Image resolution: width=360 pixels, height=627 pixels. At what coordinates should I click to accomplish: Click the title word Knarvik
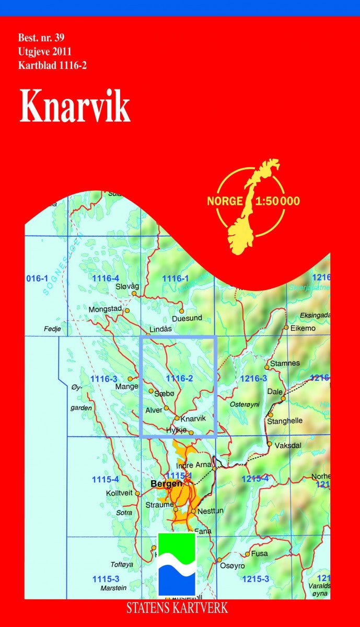point(75,106)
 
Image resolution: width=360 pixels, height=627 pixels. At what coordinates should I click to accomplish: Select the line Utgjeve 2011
point(44,52)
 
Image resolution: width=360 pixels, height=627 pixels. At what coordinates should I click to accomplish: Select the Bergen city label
point(166,484)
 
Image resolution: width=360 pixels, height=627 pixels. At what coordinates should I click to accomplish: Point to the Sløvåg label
point(127,286)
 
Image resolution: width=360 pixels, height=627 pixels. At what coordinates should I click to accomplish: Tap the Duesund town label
point(187,318)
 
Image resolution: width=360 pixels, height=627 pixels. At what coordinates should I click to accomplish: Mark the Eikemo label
point(303,328)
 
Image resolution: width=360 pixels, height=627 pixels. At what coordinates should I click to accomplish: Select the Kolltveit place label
point(120,493)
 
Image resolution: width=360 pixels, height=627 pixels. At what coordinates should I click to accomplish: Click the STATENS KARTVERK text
point(177,608)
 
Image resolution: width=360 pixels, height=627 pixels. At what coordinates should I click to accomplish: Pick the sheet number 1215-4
point(254,479)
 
